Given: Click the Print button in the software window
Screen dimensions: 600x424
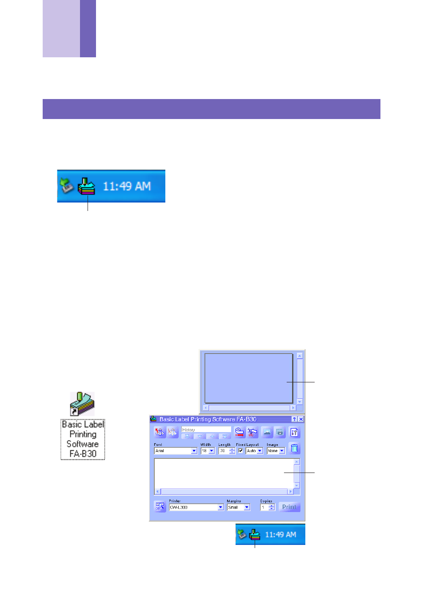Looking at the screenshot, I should pyautogui.click(x=289, y=507).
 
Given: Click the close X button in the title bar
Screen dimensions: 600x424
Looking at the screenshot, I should pyautogui.click(x=301, y=419).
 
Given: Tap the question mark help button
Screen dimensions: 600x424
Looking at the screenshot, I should pyautogui.click(x=294, y=419).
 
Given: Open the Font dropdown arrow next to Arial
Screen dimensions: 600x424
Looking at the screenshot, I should pyautogui.click(x=194, y=451).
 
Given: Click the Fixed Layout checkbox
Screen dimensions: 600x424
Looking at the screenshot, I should pyautogui.click(x=240, y=450).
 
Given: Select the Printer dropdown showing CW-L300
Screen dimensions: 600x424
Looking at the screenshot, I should pyautogui.click(x=196, y=507).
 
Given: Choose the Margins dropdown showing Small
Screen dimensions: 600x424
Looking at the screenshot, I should pyautogui.click(x=239, y=507).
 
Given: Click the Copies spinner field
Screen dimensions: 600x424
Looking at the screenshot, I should pyautogui.click(x=268, y=507).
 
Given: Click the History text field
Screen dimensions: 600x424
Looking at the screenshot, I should pyautogui.click(x=206, y=429).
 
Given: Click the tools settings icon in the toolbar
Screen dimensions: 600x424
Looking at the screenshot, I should pyautogui.click(x=294, y=432).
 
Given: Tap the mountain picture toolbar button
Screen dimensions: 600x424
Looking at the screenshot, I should pyautogui.click(x=267, y=432).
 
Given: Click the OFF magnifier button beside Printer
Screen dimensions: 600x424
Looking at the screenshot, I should pyautogui.click(x=160, y=507).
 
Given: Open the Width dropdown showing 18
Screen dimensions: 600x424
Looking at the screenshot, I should pyautogui.click(x=208, y=451).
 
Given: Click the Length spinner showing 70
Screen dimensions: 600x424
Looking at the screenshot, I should pyautogui.click(x=227, y=451).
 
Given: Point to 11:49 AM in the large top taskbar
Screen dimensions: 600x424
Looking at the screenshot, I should pyautogui.click(x=127, y=186).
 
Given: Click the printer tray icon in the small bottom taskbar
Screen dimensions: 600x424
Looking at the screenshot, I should pyautogui.click(x=255, y=534).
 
